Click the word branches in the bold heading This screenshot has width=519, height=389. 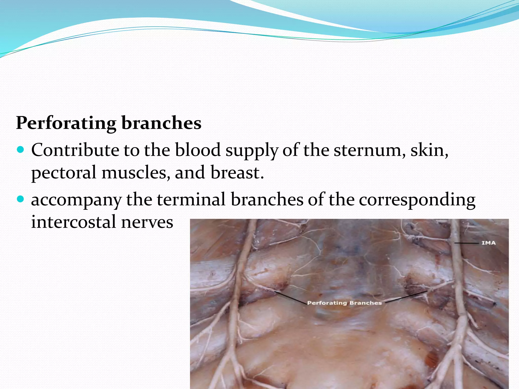[x=161, y=123]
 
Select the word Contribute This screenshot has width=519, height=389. [x=75, y=150]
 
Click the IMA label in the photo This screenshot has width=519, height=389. [x=488, y=243]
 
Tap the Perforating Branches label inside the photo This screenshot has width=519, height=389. [x=344, y=303]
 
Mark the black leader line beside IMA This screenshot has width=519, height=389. [x=466, y=243]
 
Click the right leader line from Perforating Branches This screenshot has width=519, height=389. [x=405, y=297]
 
